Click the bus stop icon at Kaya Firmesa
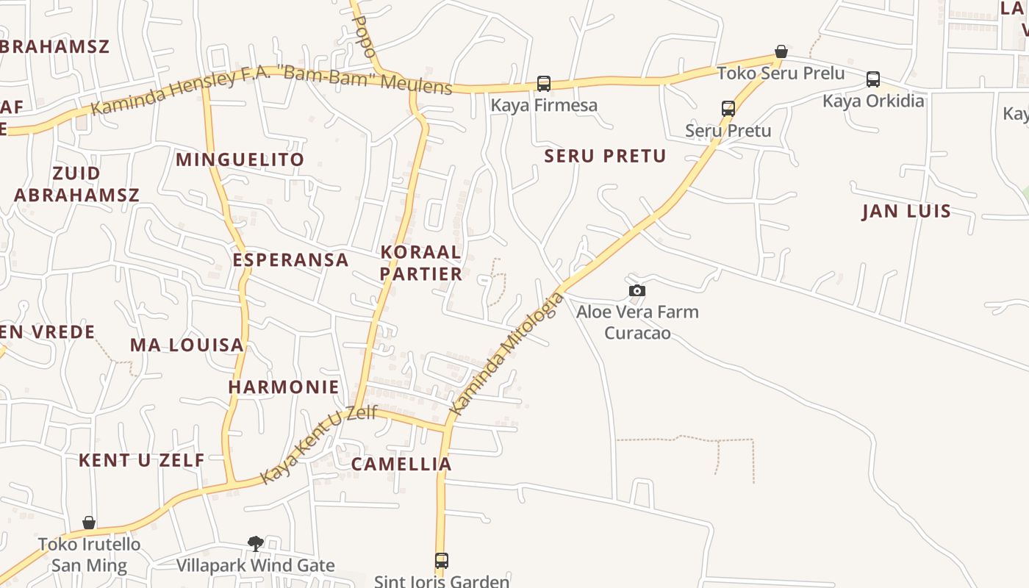coord(544,84)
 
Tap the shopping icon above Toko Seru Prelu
coord(781,52)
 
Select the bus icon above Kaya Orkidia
coord(873,79)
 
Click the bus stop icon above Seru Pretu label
coord(728,109)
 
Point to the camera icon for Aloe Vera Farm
coord(637,291)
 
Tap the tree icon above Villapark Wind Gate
coord(256,544)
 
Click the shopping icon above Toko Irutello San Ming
coord(89,523)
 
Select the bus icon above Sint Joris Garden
coord(442,561)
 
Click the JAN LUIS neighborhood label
coord(906,212)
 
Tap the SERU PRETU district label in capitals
coord(605,156)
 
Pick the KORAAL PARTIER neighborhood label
coord(421,263)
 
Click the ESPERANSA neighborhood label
coord(290,260)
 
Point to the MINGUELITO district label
coord(240,159)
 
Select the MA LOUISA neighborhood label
coord(187,345)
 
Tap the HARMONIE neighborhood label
coord(284,387)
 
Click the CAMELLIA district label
coord(401,465)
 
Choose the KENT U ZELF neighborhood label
coord(142,461)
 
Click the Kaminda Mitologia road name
coord(507,354)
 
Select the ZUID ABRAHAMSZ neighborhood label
coord(76,184)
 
